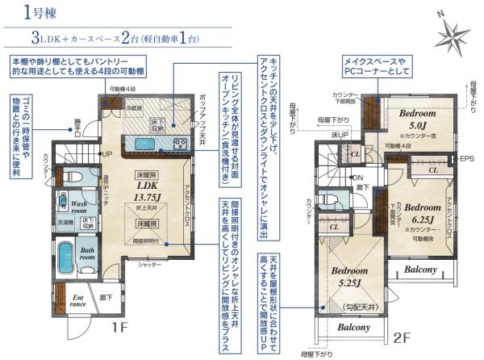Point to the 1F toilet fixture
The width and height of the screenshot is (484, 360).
71,176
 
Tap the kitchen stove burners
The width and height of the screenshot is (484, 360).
179,144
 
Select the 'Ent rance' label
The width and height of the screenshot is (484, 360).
78,301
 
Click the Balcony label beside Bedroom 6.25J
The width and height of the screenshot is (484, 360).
420,270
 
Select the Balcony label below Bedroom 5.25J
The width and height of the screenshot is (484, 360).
353,328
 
